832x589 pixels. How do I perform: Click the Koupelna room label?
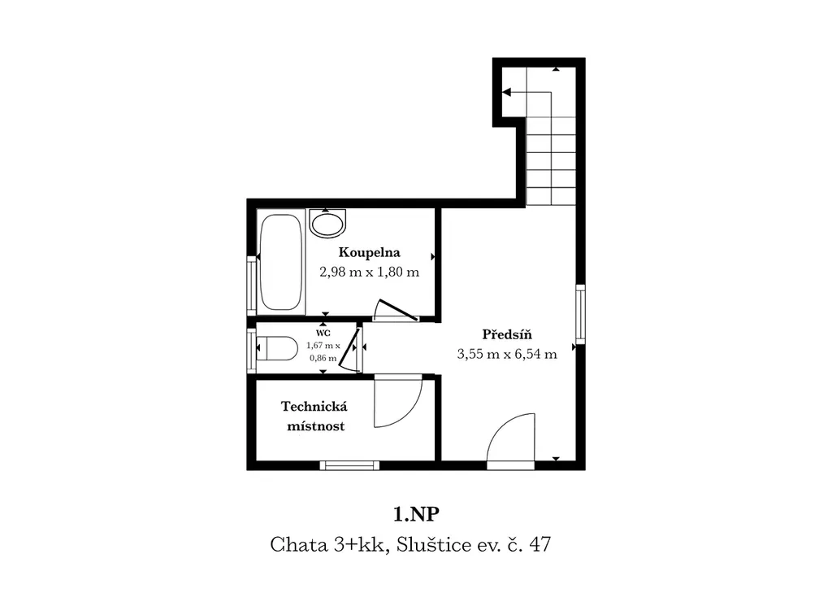pyautogui.click(x=370, y=252)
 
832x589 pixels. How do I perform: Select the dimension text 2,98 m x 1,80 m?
pyautogui.click(x=370, y=272)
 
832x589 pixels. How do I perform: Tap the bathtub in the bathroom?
pyautogui.click(x=280, y=262)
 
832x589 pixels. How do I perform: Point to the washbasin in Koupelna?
pyautogui.click(x=328, y=224)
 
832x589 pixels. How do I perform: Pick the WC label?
pyautogui.click(x=323, y=333)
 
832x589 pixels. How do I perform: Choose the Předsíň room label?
pyautogui.click(x=507, y=334)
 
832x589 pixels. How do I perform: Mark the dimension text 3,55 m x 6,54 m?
pyautogui.click(x=507, y=354)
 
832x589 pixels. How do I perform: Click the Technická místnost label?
pyautogui.click(x=314, y=417)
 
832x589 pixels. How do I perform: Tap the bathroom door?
pyautogui.click(x=396, y=311)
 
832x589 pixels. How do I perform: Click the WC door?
pyautogui.click(x=350, y=350)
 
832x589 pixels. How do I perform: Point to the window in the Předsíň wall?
pyautogui.click(x=580, y=314)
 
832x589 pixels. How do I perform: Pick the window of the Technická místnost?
pyautogui.click(x=349, y=466)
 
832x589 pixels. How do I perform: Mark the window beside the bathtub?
pyautogui.click(x=252, y=286)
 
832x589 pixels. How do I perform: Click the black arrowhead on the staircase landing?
pyautogui.click(x=506, y=93)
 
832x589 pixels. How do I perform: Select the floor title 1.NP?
pyautogui.click(x=417, y=514)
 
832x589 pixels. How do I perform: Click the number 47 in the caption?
pyautogui.click(x=539, y=544)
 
